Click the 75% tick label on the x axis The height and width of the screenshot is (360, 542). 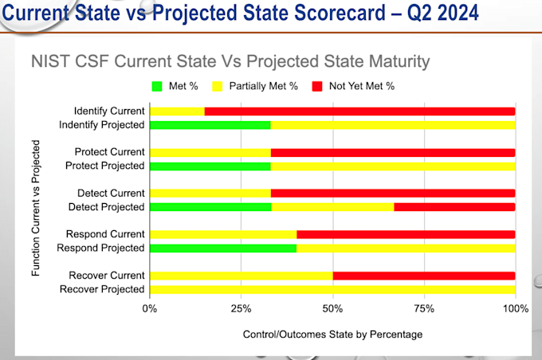[x=424, y=308]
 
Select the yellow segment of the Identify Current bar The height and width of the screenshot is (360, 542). [x=177, y=111]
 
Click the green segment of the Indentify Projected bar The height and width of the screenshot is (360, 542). [x=210, y=125]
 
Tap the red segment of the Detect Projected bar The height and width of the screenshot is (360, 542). [x=454, y=207]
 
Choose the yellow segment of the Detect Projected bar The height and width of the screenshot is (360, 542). [x=332, y=207]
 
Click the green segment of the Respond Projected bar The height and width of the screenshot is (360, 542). [x=222, y=248]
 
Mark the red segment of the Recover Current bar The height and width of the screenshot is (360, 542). [x=423, y=276]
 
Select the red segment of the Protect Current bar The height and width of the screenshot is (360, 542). [x=393, y=152]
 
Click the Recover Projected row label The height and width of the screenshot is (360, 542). [x=102, y=289]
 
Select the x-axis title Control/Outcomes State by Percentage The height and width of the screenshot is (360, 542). [x=332, y=335]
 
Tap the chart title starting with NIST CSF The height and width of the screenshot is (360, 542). [x=230, y=61]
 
